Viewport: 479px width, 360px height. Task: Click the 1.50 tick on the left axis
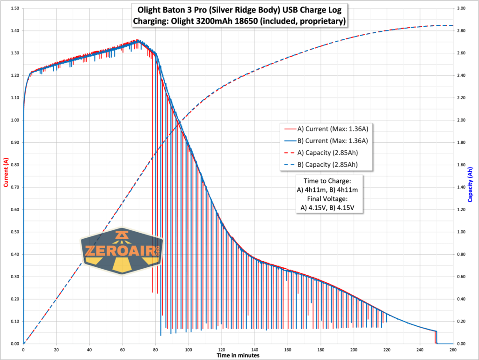14,8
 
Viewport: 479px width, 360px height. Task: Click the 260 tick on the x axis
453,349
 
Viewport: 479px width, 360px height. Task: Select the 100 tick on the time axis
189,349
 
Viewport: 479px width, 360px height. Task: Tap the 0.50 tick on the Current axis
14,232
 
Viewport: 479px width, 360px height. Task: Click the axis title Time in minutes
238,355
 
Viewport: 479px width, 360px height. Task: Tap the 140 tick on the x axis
254,349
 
